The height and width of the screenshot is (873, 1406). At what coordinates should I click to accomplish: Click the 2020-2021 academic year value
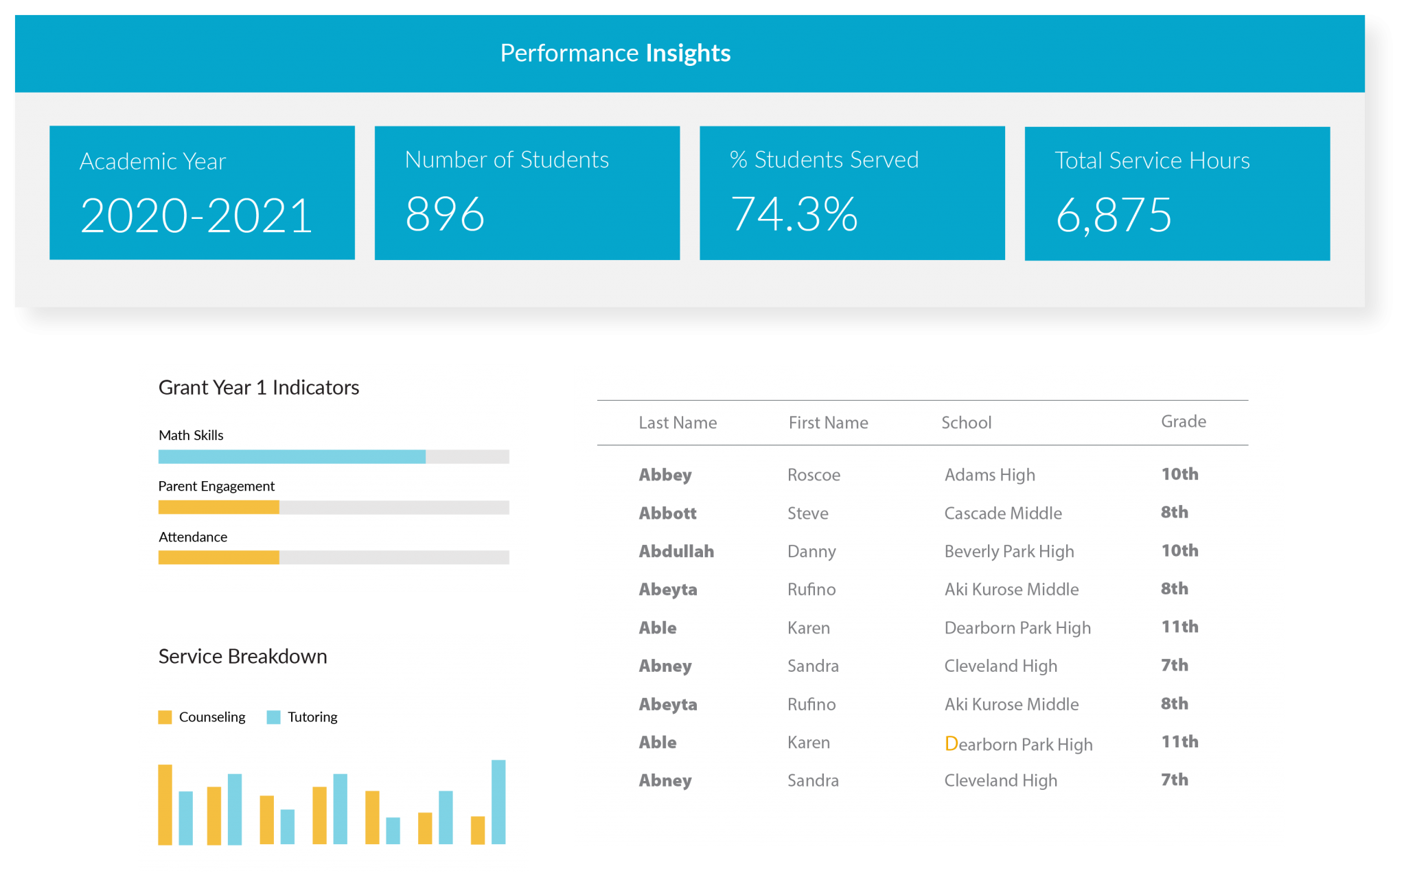click(196, 216)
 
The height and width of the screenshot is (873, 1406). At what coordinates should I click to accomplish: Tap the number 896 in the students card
click(445, 214)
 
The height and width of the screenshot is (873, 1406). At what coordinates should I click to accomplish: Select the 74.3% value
click(794, 214)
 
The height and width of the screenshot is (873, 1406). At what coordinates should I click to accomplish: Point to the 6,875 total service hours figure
click(1113, 216)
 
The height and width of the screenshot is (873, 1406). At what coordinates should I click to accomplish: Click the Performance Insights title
click(615, 53)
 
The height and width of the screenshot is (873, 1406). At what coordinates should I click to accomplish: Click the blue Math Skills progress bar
click(292, 456)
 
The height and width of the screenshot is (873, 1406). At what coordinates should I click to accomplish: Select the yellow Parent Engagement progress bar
click(218, 507)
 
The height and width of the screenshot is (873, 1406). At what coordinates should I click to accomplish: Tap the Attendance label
click(193, 537)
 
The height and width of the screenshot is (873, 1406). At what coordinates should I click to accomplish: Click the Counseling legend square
click(165, 717)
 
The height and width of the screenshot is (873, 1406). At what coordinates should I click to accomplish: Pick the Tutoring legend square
click(273, 717)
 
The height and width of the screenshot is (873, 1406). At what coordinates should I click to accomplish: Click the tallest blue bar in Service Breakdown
click(498, 802)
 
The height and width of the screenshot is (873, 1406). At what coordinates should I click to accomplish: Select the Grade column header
click(1183, 421)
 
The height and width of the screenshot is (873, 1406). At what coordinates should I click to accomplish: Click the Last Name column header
click(678, 423)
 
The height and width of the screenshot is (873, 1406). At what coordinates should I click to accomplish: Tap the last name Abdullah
click(676, 551)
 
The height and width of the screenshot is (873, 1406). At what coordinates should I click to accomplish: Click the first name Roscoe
click(814, 475)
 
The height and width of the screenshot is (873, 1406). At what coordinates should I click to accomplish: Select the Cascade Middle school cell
click(1002, 513)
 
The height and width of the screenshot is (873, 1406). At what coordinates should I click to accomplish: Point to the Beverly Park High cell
click(1009, 551)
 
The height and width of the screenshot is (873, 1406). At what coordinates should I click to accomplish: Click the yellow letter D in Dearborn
click(951, 743)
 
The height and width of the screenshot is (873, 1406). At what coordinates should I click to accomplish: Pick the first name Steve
click(807, 513)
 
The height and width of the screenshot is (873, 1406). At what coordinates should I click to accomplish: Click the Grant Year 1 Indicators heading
click(259, 388)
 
